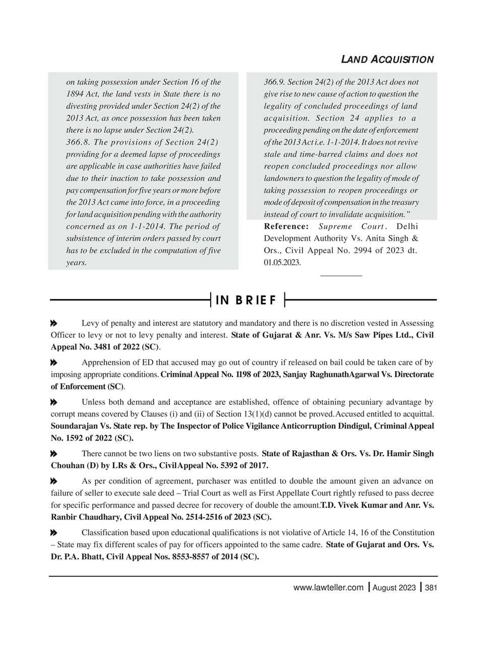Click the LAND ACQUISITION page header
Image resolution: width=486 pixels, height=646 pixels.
click(387, 60)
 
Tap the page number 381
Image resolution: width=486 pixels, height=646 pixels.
click(431, 587)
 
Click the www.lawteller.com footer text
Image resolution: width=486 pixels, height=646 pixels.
click(328, 587)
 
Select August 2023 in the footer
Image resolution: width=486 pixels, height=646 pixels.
click(394, 587)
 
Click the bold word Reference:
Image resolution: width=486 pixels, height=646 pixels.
click(286, 227)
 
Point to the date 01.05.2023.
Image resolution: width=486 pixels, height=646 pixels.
click(282, 262)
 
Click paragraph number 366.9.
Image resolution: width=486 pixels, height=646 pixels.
click(275, 82)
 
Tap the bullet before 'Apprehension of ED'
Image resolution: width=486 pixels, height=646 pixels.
click(54, 363)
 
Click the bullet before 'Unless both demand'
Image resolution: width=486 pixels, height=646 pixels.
click(54, 402)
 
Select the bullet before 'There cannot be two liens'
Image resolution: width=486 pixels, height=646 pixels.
click(54, 454)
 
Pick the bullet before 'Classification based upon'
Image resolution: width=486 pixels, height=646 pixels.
click(54, 533)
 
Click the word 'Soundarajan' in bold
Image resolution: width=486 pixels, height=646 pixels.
click(74, 426)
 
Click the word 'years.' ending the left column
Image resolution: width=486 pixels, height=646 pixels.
click(76, 263)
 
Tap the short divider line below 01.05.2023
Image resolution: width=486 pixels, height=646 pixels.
click(341, 276)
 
